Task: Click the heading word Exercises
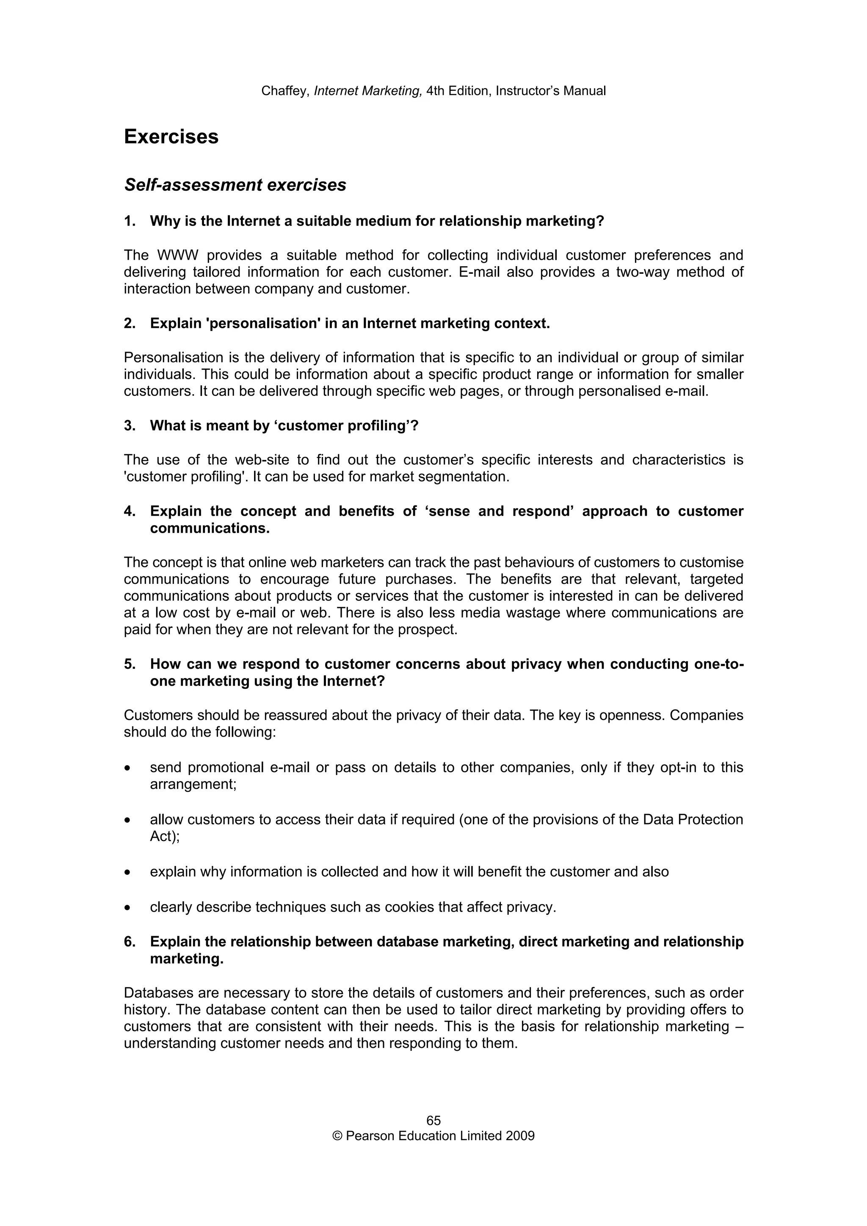tap(171, 137)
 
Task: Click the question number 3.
tap(129, 426)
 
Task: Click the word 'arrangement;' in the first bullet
tap(193, 784)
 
